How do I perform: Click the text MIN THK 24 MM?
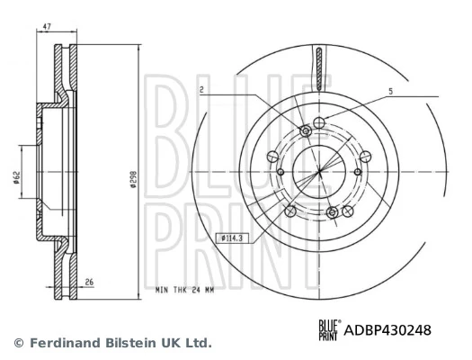186,290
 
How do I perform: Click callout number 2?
202,90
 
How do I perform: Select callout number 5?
390,91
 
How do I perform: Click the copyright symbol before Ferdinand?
19,343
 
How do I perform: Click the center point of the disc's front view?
319,172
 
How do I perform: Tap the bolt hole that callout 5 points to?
320,122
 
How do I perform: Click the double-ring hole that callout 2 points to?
305,131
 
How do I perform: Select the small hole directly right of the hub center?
358,172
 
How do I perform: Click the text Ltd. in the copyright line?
198,343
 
